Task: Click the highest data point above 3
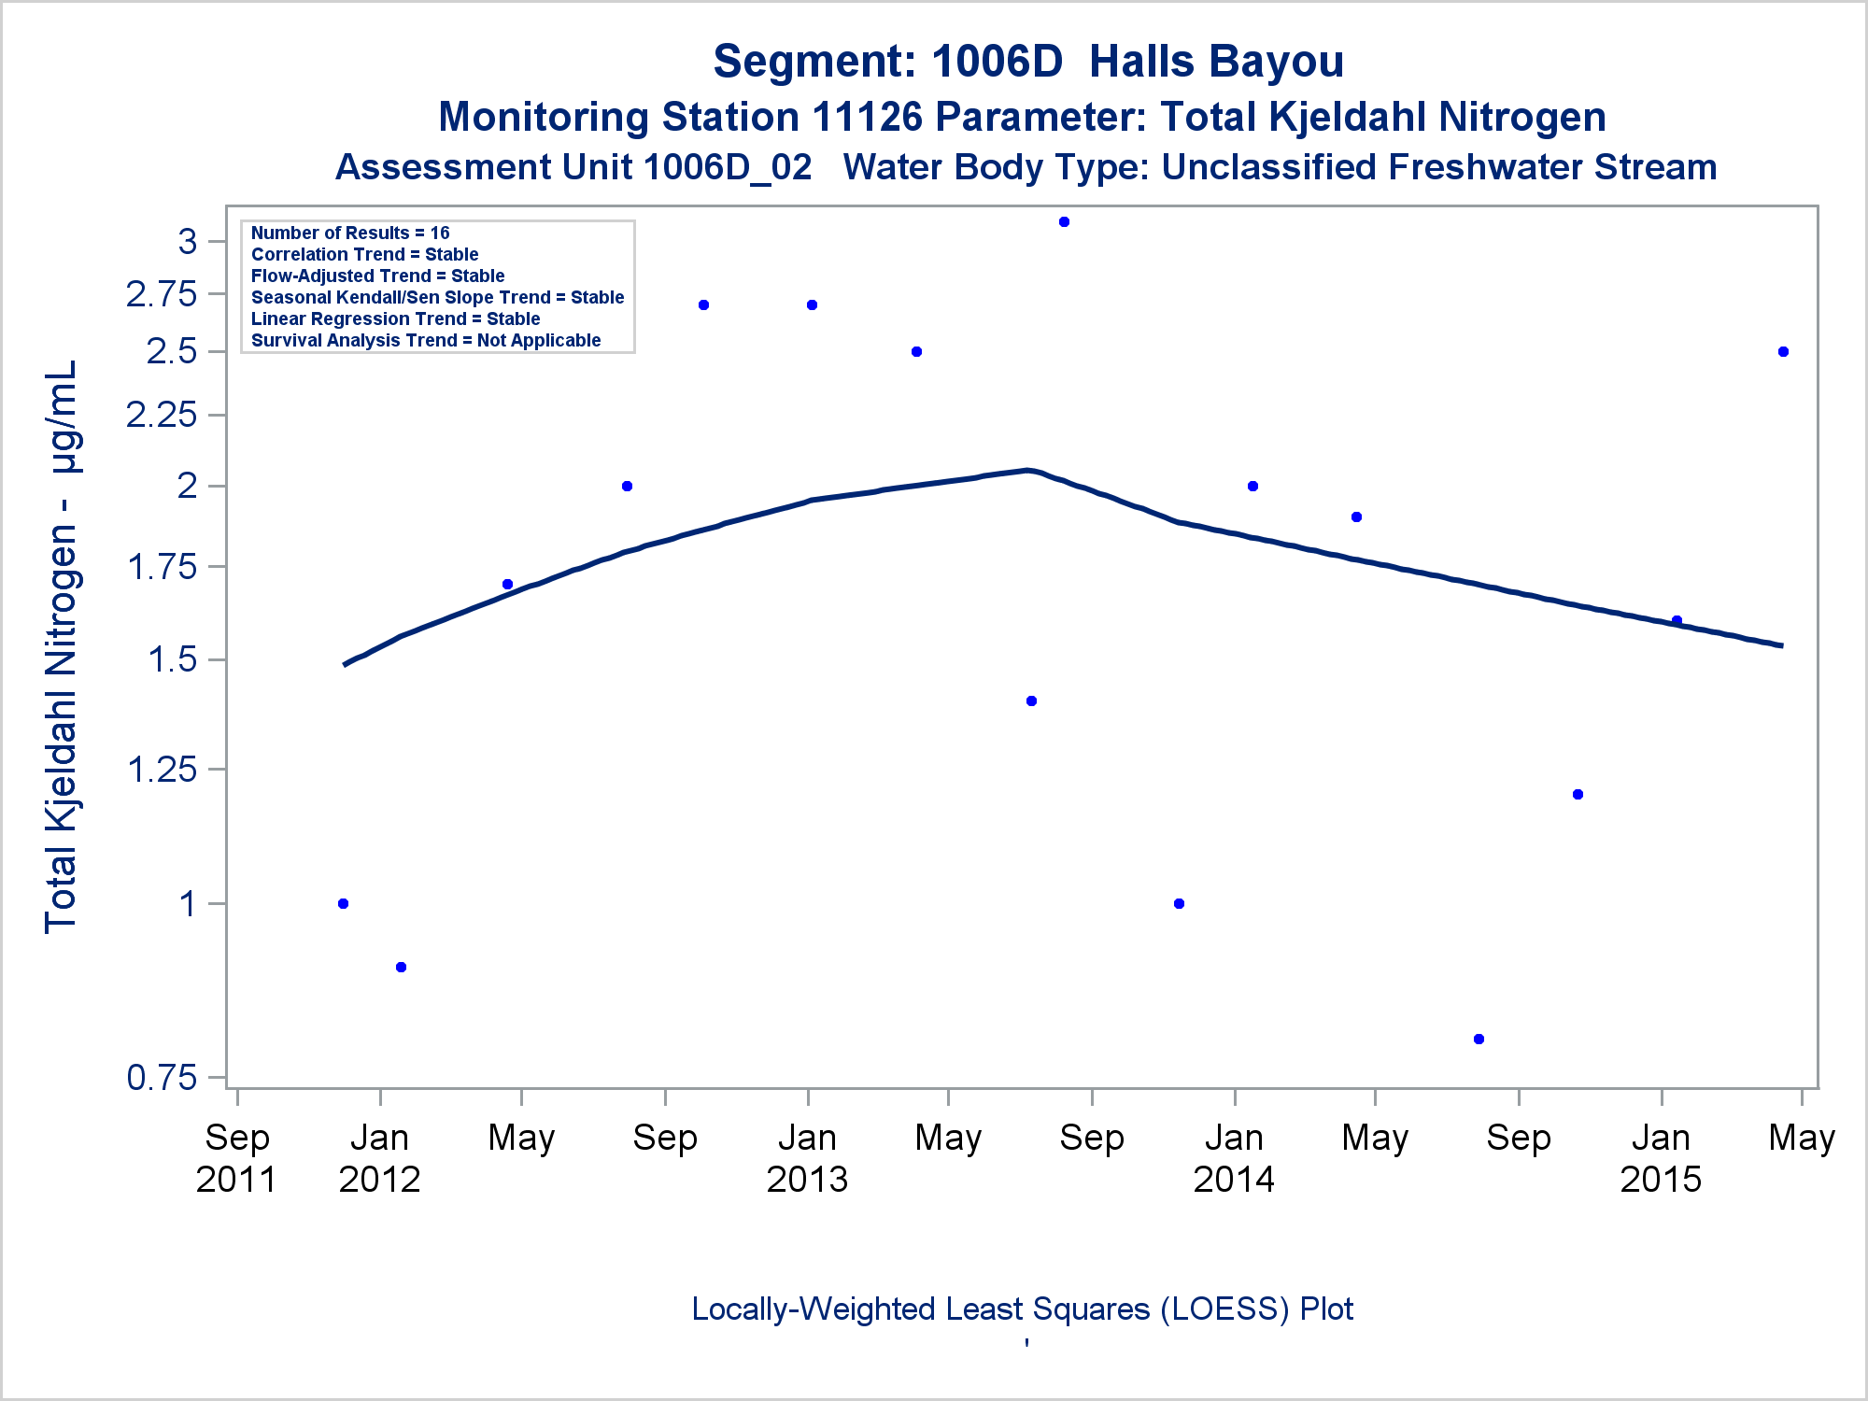pyautogui.click(x=1064, y=222)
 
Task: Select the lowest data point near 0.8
pyautogui.click(x=1479, y=1039)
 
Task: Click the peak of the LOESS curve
pyautogui.click(x=1026, y=470)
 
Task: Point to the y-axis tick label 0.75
pyautogui.click(x=163, y=1078)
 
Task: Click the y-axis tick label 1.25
pyautogui.click(x=163, y=770)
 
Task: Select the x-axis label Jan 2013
pyautogui.click(x=807, y=1158)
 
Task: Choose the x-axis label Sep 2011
pyautogui.click(x=237, y=1158)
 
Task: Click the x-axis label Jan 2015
pyautogui.click(x=1661, y=1158)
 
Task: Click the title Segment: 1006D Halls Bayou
pyautogui.click(x=1028, y=62)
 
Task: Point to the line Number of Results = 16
pyautogui.click(x=350, y=233)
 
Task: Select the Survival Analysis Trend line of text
pyautogui.click(x=426, y=340)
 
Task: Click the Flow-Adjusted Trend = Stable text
pyautogui.click(x=377, y=276)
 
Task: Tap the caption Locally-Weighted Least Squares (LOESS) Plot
pyautogui.click(x=1022, y=1309)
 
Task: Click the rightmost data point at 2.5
pyautogui.click(x=1783, y=352)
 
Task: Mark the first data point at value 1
pyautogui.click(x=343, y=903)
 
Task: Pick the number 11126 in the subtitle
pyautogui.click(x=867, y=118)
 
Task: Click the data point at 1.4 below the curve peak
pyautogui.click(x=1031, y=700)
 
